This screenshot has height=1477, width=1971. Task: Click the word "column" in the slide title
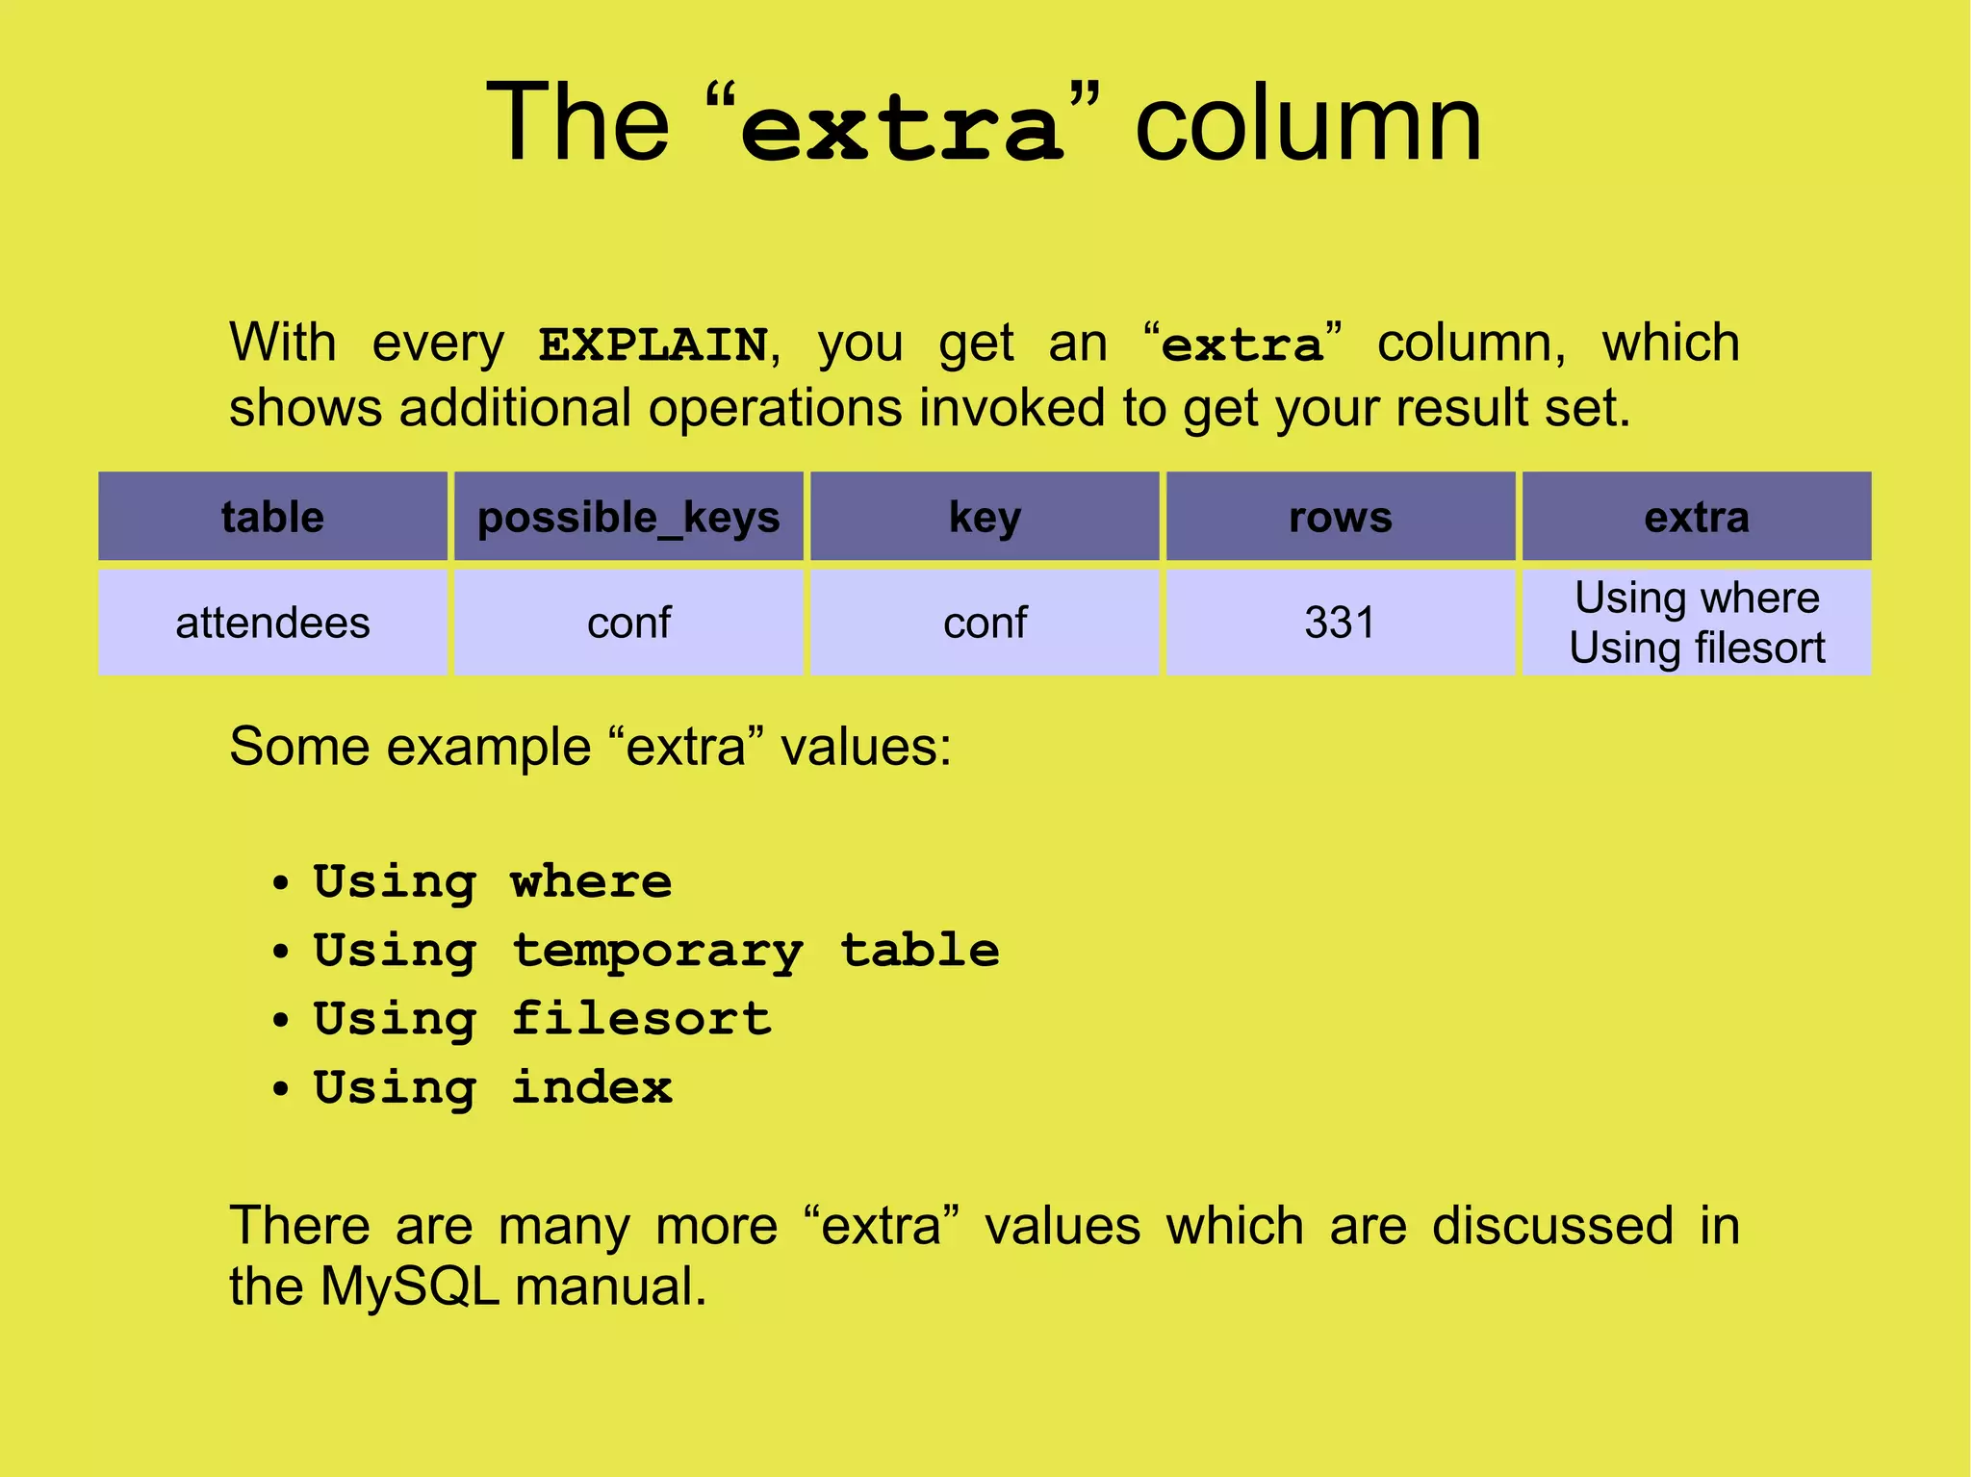(1308, 125)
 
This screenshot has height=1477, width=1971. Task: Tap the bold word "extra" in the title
(903, 130)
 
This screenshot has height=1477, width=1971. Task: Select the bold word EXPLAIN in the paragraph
(653, 344)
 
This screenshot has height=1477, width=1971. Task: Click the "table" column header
(272, 517)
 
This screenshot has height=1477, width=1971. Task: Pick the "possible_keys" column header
(628, 518)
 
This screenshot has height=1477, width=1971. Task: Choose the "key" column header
(985, 518)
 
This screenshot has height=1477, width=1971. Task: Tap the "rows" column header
(1341, 518)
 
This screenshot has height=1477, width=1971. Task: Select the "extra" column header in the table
(1697, 518)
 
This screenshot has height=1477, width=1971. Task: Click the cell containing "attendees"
(272, 623)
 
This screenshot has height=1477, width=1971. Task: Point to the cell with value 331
(1341, 623)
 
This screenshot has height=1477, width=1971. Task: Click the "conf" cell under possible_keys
(628, 623)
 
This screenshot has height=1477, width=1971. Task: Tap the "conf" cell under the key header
(985, 623)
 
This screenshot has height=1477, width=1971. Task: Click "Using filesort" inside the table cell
(1697, 649)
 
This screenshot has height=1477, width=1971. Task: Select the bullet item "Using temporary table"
(656, 951)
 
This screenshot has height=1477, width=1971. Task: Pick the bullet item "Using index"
(493, 1087)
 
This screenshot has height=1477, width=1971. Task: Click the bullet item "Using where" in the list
(493, 881)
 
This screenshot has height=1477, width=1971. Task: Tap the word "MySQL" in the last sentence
(409, 1286)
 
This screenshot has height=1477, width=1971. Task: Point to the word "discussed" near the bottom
(1552, 1226)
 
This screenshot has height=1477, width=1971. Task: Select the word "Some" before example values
(298, 747)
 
